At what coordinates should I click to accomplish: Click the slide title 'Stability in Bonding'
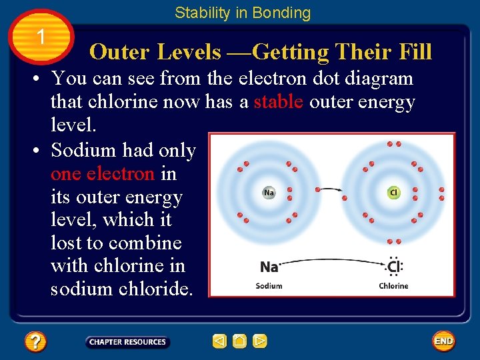coord(243,13)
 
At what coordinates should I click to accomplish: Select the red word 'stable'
coord(279,101)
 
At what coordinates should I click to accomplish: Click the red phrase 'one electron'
coord(103,174)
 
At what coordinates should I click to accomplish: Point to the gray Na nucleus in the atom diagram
coord(269,193)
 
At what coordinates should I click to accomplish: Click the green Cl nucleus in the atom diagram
coord(393,193)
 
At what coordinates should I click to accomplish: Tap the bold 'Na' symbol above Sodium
coord(269,267)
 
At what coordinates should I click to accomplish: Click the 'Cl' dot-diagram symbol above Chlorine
coord(393,267)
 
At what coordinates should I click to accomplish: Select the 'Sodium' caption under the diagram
coord(269,286)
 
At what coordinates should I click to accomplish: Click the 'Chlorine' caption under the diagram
coord(393,286)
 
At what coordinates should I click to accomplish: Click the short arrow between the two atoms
coord(331,193)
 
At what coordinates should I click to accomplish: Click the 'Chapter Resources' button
coord(127,342)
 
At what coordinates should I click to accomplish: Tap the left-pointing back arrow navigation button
coord(219,341)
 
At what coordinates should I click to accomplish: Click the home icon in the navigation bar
coord(239,341)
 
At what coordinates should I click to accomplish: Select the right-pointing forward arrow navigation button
coord(260,341)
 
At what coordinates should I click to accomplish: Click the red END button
coord(443,341)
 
